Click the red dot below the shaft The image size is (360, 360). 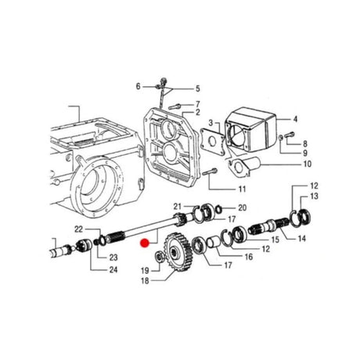tap(143, 244)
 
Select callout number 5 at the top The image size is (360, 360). tap(197, 88)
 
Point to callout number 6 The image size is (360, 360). tap(138, 85)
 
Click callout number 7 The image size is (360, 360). tap(197, 104)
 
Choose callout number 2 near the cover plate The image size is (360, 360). tap(197, 113)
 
